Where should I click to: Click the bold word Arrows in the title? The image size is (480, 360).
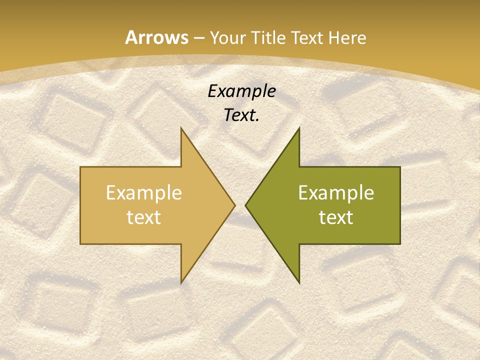(156, 38)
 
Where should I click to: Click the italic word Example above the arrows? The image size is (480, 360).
(242, 91)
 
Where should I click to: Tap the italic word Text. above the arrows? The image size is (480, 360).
(242, 115)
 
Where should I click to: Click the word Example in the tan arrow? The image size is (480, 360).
(143, 193)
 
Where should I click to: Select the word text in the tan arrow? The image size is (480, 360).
(143, 217)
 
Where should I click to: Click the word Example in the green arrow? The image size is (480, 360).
(336, 193)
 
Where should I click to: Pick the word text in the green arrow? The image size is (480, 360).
(336, 217)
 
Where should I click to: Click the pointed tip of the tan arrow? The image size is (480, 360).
(235, 205)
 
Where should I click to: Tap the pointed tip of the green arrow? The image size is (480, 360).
(245, 205)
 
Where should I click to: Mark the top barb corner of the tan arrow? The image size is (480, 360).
(181, 128)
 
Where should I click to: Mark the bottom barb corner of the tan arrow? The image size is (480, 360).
(181, 283)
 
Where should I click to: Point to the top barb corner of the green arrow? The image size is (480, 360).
(299, 128)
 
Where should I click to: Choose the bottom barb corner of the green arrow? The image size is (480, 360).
(299, 283)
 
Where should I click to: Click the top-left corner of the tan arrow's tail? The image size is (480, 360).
(80, 167)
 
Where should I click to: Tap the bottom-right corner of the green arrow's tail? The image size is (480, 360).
(400, 244)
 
